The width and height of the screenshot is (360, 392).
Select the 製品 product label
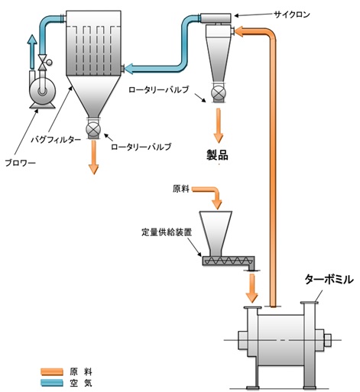pos(218,154)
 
